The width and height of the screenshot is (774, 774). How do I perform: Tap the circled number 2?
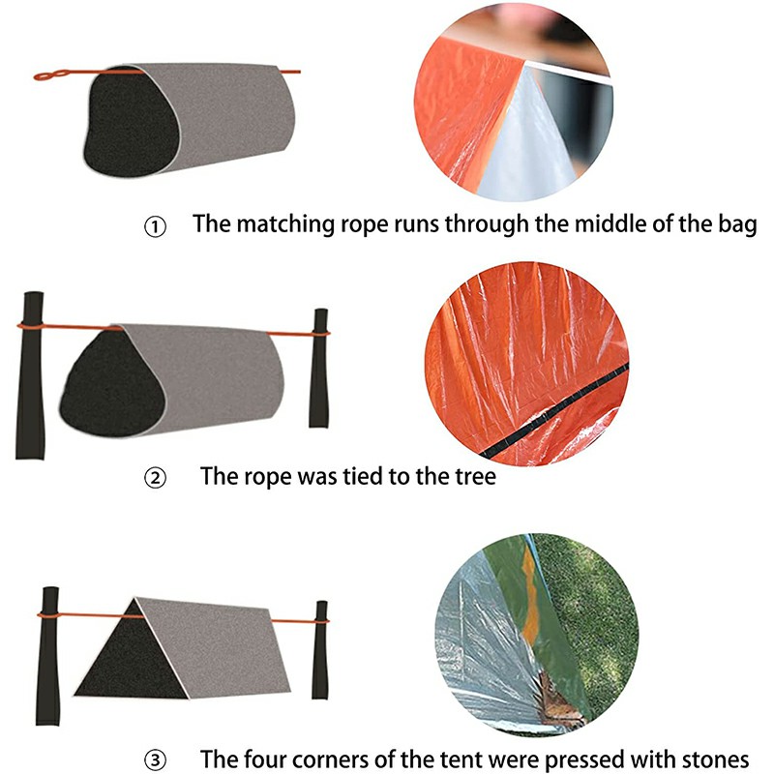coord(156,477)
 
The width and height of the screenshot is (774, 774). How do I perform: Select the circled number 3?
coord(156,758)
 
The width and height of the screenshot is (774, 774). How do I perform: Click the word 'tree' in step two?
coord(474,476)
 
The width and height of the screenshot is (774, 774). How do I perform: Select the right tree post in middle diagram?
coord(319,368)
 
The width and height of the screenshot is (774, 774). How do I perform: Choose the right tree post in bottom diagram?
coord(319,648)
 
